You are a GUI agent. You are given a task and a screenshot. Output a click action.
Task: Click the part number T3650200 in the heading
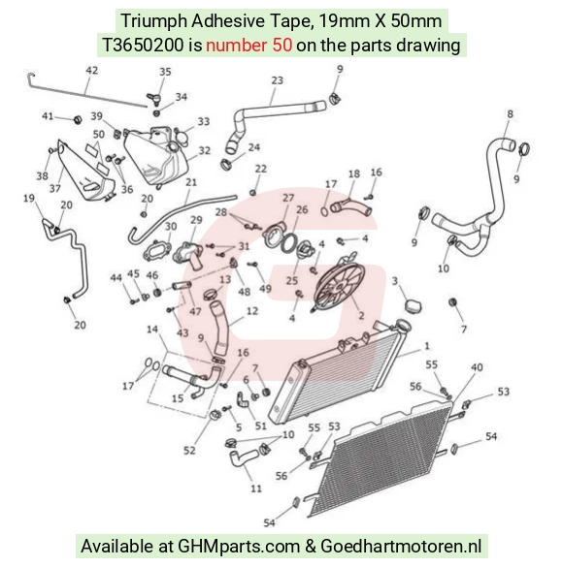143,46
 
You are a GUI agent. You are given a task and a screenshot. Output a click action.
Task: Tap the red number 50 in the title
282,46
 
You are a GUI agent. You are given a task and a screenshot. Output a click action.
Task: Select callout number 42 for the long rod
91,70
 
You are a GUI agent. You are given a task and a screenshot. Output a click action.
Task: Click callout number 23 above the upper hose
277,80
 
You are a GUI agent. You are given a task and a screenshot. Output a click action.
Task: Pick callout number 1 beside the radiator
427,346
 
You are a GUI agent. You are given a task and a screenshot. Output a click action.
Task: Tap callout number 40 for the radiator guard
477,367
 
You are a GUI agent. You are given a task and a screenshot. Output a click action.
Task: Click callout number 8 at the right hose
510,114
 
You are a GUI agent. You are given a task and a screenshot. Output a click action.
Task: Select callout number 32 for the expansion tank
204,150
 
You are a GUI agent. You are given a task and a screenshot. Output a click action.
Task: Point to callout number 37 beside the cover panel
54,188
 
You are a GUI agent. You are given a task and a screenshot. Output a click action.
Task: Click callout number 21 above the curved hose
191,182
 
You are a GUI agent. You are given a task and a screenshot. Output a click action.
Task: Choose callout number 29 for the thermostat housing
196,220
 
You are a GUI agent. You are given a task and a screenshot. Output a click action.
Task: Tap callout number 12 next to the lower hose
252,311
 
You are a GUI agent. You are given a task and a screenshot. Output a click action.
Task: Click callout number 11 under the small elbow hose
256,488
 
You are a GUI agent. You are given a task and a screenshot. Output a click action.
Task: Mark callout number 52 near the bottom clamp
189,450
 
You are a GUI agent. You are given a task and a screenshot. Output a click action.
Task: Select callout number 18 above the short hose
353,173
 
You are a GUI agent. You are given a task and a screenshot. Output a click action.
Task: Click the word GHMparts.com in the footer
239,546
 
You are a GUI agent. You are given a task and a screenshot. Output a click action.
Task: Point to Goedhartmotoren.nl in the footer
401,546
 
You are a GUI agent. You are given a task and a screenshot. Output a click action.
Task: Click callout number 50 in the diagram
98,134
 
